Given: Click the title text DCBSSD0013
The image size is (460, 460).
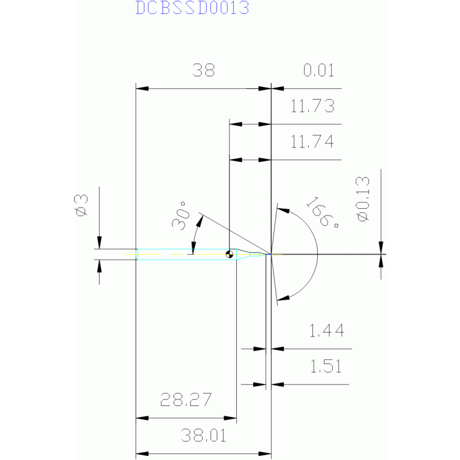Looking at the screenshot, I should coord(191,8).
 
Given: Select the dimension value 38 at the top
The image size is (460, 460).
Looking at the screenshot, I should coord(203,71).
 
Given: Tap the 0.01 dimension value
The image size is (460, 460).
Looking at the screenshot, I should coord(318,71).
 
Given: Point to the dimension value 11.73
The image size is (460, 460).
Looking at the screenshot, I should coord(312,107).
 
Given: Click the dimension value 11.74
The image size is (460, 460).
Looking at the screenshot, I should coord(312,142).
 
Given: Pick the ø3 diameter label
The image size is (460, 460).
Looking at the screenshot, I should coord(82,205).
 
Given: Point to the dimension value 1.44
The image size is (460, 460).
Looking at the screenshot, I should coord(326,330).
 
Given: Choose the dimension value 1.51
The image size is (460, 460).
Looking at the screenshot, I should coord(326,366).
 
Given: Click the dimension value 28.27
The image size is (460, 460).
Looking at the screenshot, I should coord(185,399).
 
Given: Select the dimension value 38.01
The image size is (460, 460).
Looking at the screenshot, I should coord(203,435).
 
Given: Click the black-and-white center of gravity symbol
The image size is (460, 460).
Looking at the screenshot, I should coord(229,254).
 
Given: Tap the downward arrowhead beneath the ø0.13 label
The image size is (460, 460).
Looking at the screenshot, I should coord(381,248).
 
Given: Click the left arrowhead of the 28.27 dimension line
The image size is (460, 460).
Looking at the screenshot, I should coord(143,418).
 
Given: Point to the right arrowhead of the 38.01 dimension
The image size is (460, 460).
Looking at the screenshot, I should coord(266,454).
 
